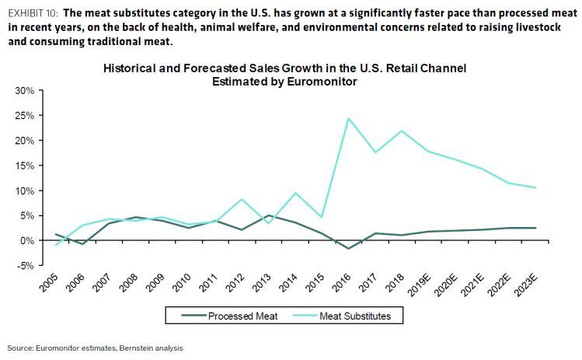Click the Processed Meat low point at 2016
(x=349, y=249)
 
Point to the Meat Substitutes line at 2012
(x=242, y=200)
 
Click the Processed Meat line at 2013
(x=269, y=215)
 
